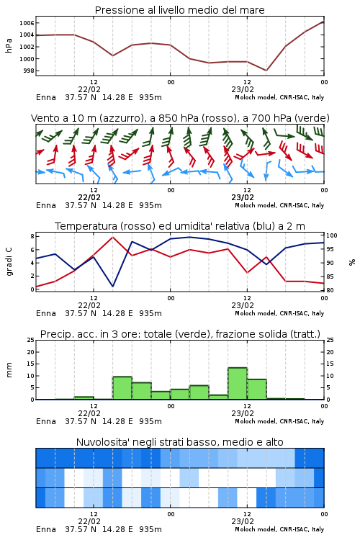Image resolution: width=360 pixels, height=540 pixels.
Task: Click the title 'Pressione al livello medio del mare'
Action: click(x=179, y=10)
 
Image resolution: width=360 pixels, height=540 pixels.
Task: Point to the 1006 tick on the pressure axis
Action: click(x=27, y=23)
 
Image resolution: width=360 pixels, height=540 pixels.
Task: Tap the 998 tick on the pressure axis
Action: click(x=29, y=71)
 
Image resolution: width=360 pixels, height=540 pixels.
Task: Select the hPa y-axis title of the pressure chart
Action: click(x=9, y=45)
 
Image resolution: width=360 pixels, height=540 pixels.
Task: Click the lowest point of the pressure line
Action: click(x=266, y=71)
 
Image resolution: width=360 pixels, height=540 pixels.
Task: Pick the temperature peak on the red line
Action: click(x=112, y=237)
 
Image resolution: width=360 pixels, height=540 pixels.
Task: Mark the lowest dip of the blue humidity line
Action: click(x=112, y=286)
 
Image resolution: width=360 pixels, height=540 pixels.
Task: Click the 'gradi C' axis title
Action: click(x=9, y=261)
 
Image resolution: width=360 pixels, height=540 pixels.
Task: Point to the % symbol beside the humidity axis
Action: click(x=352, y=262)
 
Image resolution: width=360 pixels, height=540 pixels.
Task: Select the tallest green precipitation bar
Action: click(x=238, y=384)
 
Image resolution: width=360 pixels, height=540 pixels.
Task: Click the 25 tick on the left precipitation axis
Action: click(x=31, y=340)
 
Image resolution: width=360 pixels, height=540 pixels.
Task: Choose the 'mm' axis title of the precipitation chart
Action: click(x=9, y=370)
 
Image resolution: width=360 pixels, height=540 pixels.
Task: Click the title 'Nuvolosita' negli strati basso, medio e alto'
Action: click(x=179, y=442)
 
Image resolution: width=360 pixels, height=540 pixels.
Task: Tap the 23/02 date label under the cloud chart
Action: click(x=243, y=521)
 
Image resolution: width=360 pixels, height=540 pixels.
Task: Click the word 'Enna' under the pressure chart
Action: click(x=46, y=97)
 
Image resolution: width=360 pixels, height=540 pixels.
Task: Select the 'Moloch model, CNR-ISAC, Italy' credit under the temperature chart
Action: click(x=279, y=313)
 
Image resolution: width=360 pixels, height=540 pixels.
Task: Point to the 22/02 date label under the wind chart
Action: click(x=89, y=197)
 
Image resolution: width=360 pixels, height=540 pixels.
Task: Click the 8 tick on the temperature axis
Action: click(x=32, y=236)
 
